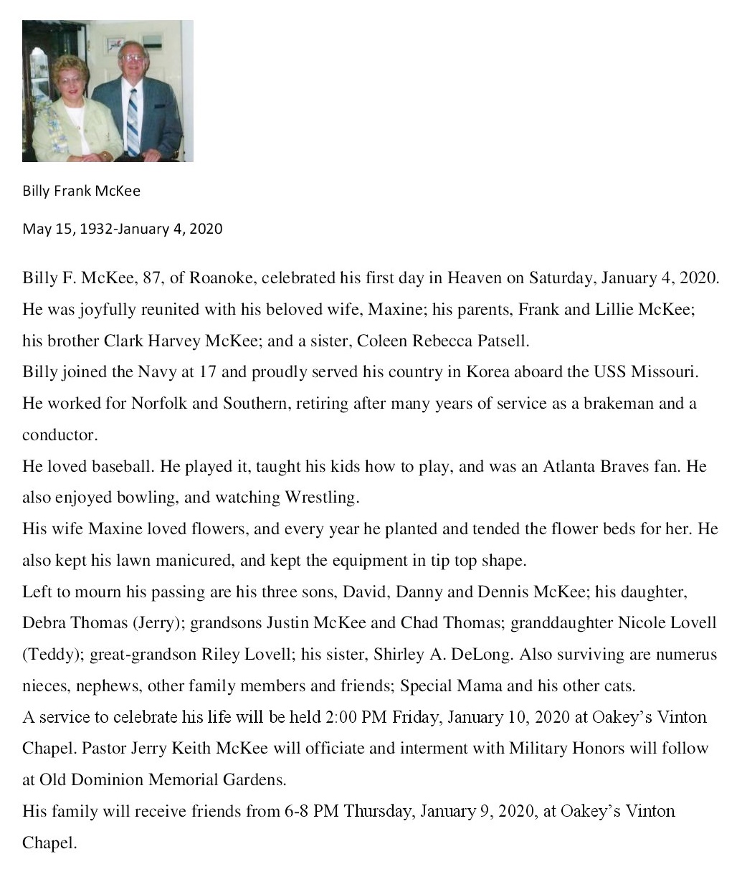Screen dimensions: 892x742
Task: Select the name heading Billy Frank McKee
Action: pyautogui.click(x=81, y=191)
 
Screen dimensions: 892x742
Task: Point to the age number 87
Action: pyautogui.click(x=152, y=278)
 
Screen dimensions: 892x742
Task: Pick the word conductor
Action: pyautogui.click(x=59, y=435)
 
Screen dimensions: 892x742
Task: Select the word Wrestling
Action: pyautogui.click(x=321, y=498)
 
